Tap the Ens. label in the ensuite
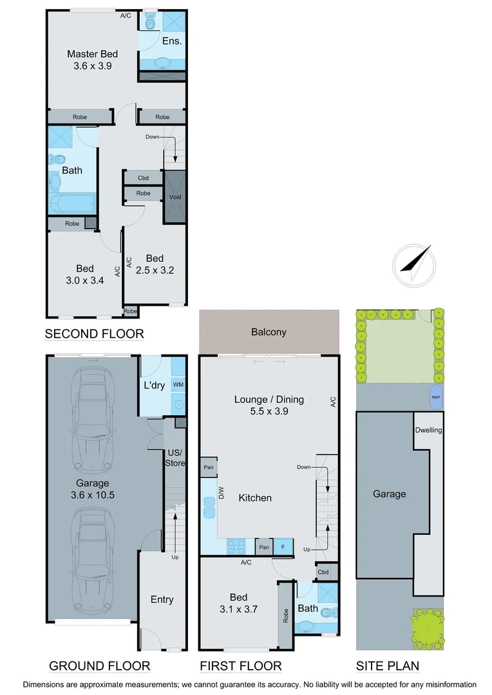[x=172, y=41]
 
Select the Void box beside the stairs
[x=175, y=196]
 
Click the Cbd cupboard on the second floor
[x=143, y=178]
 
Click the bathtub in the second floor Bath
[x=71, y=203]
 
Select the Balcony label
[x=269, y=332]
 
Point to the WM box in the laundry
[x=178, y=384]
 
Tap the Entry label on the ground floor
[x=162, y=599]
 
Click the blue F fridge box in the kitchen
[x=282, y=547]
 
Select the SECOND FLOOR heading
[x=94, y=333]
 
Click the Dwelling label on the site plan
[x=428, y=430]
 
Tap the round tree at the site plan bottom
[x=427, y=627]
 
